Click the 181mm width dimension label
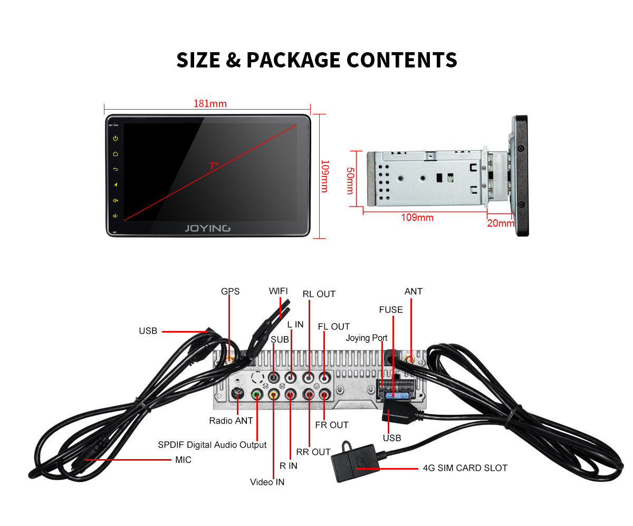tap(210, 103)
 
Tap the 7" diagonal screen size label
tap(214, 166)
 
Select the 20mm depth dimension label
tap(500, 223)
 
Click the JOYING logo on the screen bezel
tap(207, 228)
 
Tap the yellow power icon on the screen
tap(116, 139)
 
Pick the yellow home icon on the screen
tap(116, 154)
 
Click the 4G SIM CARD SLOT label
tap(465, 467)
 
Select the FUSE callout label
tap(391, 310)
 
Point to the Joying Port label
tap(367, 338)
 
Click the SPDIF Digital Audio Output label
tap(212, 445)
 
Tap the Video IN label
tap(267, 482)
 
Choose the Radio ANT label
tap(231, 421)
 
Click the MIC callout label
tap(183, 460)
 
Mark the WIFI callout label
tap(279, 291)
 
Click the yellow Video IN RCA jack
tap(273, 394)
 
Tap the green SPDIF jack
tap(257, 394)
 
